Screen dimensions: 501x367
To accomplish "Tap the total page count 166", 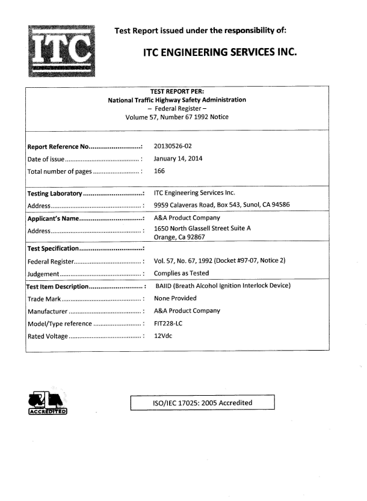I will [160, 171].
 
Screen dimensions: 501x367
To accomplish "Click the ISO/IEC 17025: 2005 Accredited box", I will [203, 403].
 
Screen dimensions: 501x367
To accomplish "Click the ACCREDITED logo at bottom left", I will [45, 403].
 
